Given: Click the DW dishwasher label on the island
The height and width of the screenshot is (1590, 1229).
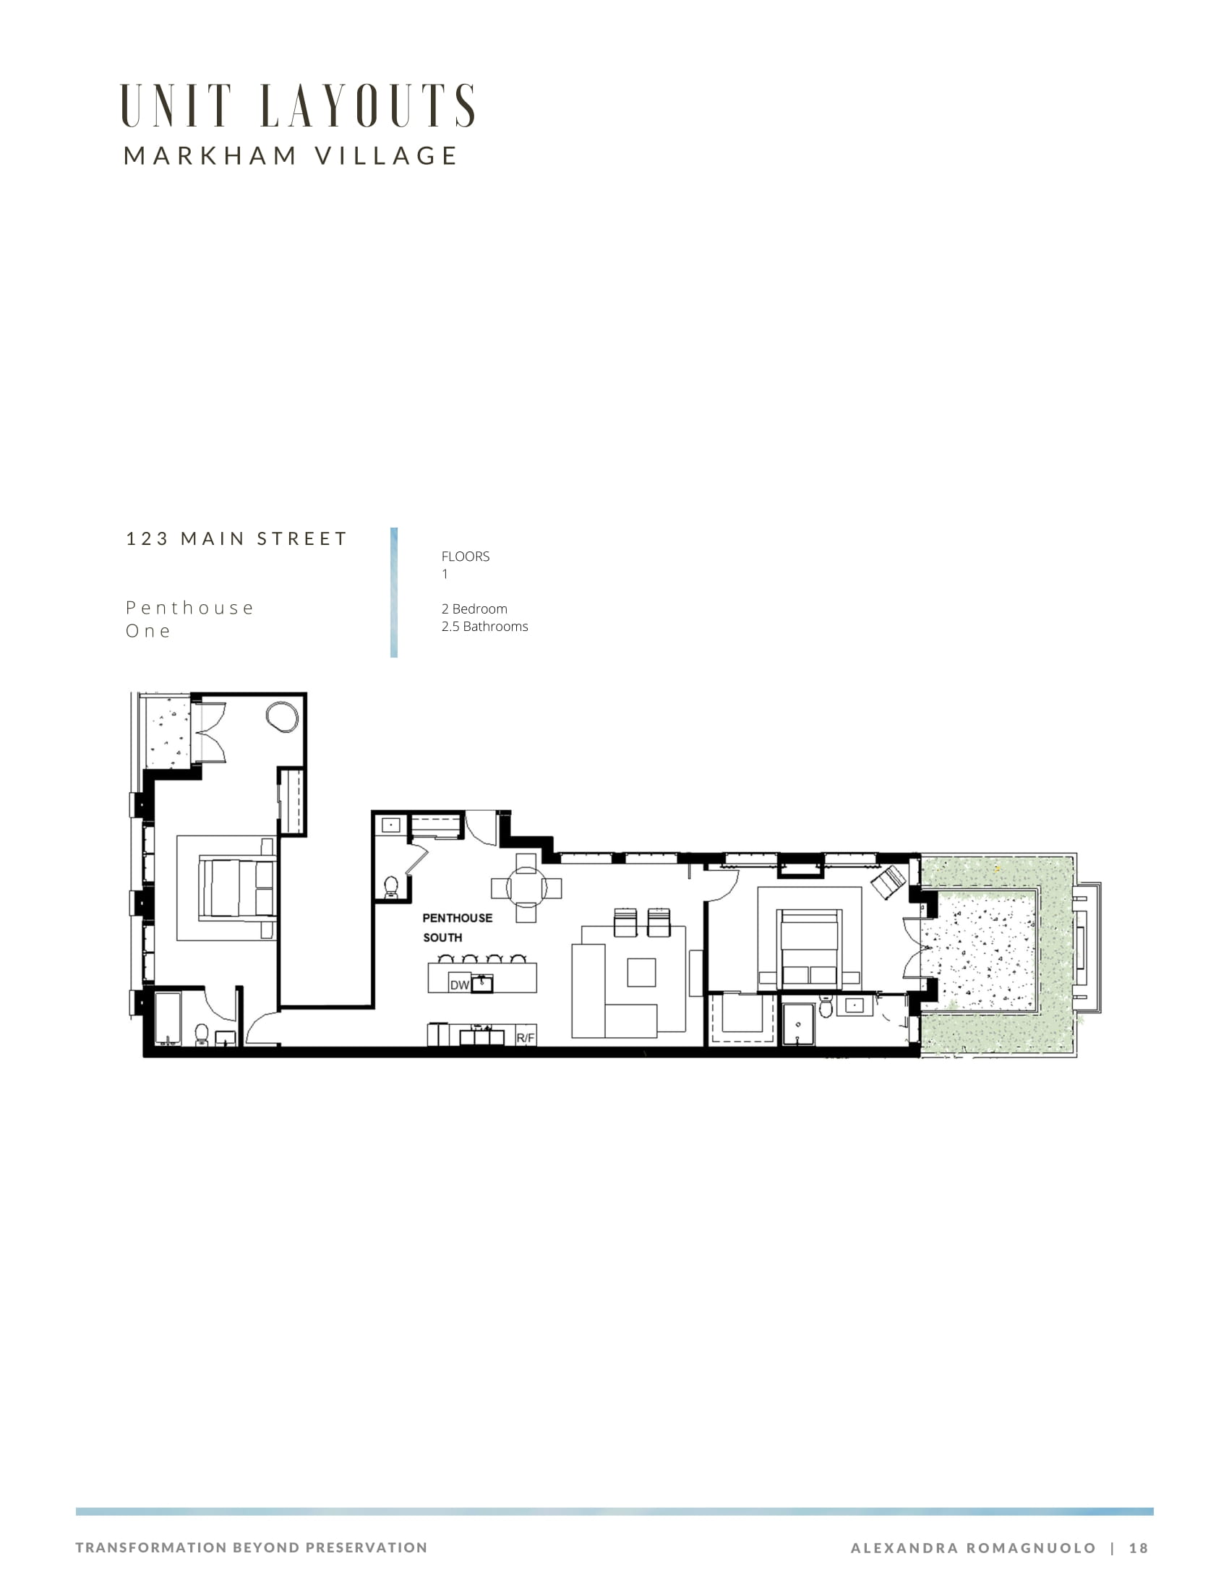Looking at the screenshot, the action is tap(459, 985).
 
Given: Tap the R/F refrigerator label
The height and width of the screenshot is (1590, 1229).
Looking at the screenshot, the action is tap(526, 1037).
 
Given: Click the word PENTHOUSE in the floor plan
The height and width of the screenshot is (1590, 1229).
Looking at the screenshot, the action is tap(457, 918).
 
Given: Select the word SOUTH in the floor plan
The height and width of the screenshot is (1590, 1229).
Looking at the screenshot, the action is tap(442, 937).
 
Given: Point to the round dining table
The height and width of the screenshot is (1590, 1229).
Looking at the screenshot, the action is tap(526, 888).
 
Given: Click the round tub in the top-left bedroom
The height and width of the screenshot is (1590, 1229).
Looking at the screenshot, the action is tap(282, 716).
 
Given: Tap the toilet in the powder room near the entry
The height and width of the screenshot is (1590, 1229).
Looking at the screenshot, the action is tap(391, 887).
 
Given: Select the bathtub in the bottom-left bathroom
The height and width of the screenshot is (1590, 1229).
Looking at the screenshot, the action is tap(168, 1018).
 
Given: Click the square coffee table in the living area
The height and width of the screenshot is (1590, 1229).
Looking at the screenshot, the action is tap(641, 972).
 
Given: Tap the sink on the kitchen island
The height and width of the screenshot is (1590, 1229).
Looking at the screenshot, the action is tap(482, 984).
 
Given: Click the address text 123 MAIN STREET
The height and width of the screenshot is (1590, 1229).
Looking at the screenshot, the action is tap(236, 538).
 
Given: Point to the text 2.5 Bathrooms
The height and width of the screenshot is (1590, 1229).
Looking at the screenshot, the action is tap(485, 626).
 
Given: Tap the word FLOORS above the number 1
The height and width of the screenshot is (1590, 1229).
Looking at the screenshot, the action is tap(466, 556).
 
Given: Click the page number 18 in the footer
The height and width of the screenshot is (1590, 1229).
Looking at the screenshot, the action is tap(1139, 1548).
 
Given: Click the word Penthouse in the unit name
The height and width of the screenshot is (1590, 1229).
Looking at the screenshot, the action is tap(189, 608).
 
